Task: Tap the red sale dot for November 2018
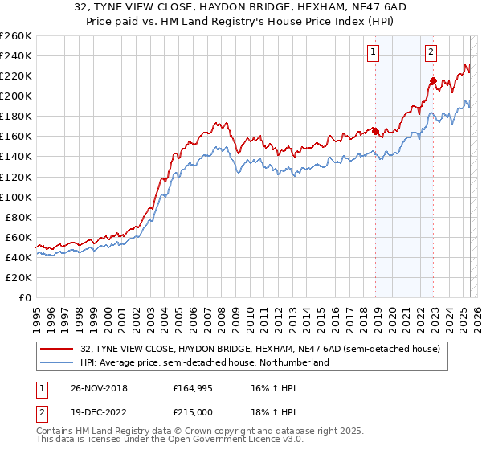375,131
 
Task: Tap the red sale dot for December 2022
433,80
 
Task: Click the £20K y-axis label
19,277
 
